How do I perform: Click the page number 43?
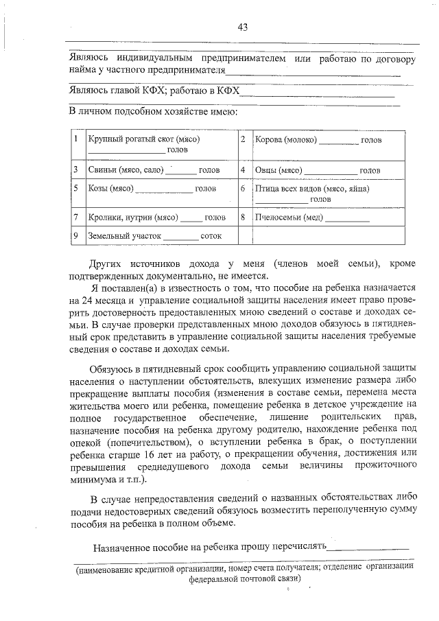pyautogui.click(x=242, y=27)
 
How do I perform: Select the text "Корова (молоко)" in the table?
pyautogui.click(x=285, y=140)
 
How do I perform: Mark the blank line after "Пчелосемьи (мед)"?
pyautogui.click(x=347, y=220)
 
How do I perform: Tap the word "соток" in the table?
pyautogui.click(x=211, y=236)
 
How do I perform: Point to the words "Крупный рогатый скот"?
pyautogui.click(x=132, y=140)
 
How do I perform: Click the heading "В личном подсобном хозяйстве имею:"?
pyautogui.click(x=153, y=111)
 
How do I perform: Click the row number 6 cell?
pyautogui.click(x=243, y=188)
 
